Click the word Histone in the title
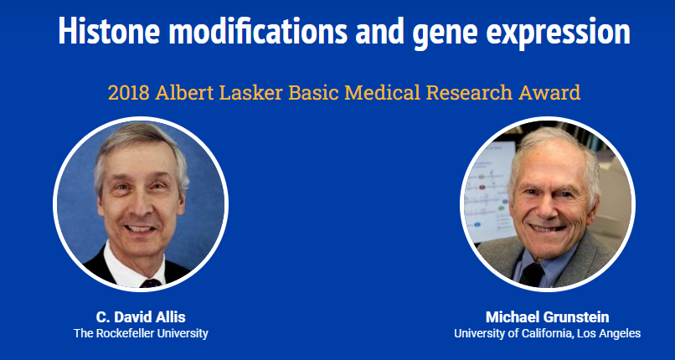click(x=109, y=30)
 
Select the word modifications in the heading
click(x=258, y=30)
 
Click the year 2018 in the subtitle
click(x=129, y=92)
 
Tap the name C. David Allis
click(x=141, y=317)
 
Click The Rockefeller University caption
click(x=141, y=333)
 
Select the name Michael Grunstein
click(x=547, y=317)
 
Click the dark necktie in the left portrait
click(x=151, y=283)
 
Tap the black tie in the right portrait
click(x=532, y=274)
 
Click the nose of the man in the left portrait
click(x=140, y=206)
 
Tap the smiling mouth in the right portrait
click(x=549, y=228)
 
